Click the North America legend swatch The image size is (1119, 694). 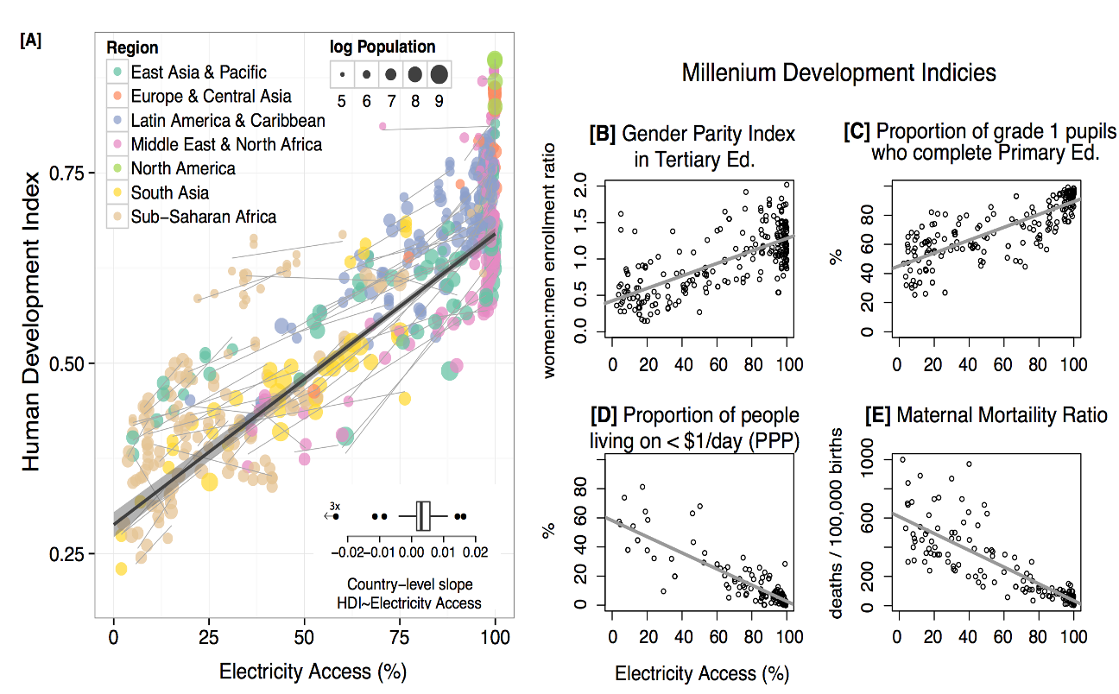[117, 168]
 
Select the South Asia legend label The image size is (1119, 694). [170, 192]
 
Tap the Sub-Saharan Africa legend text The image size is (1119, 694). [204, 217]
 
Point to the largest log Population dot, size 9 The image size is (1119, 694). [439, 74]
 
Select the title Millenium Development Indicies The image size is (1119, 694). [838, 73]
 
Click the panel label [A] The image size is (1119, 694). [30, 41]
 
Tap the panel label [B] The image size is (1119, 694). [603, 134]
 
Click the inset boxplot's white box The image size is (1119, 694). [423, 515]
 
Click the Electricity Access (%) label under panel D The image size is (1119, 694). [702, 672]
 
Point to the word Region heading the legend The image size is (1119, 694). [132, 48]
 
